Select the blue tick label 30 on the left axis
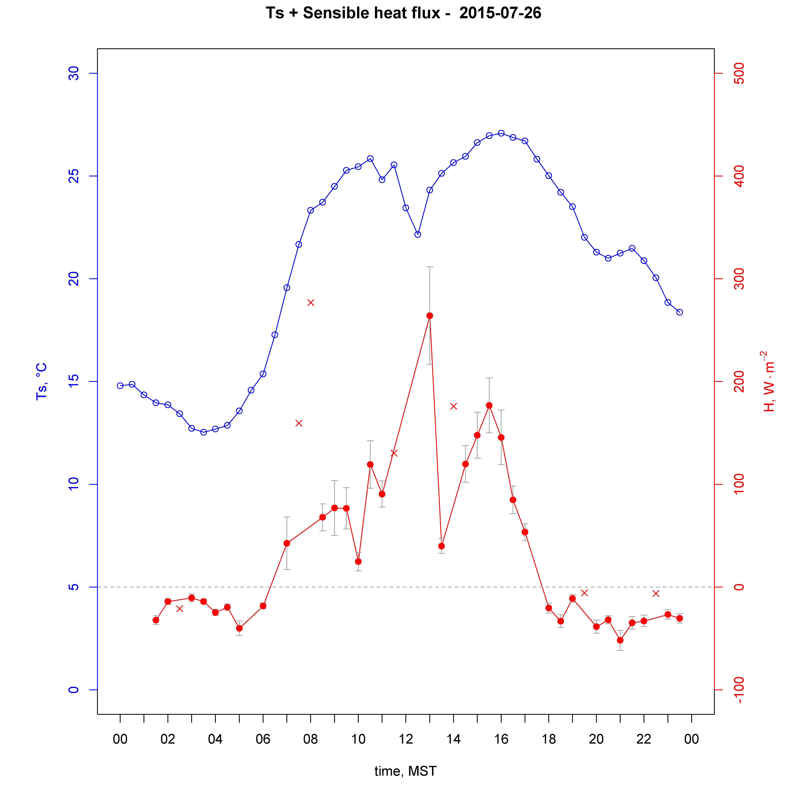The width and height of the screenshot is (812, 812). coord(73,73)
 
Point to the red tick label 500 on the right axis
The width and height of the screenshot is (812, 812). coord(739,73)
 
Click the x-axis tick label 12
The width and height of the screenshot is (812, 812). coord(406,739)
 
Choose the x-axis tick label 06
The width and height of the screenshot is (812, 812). coord(263,739)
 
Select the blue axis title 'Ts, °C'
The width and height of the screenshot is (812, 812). coord(41,381)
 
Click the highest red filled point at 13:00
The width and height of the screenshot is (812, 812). coord(430,316)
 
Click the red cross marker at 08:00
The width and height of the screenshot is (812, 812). coord(311,303)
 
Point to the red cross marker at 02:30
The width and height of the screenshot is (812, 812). coord(179,609)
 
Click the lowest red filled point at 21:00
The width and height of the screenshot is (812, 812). coord(620,640)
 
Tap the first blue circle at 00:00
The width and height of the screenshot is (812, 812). coord(120,385)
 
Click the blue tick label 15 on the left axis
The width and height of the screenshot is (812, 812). coord(73,382)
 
